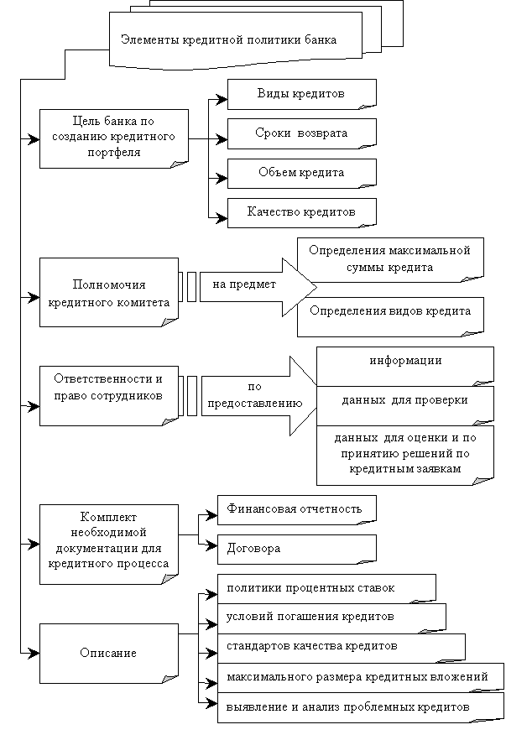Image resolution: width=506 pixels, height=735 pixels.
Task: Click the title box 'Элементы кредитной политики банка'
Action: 228,40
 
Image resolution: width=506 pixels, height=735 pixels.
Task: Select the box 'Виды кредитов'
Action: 301,92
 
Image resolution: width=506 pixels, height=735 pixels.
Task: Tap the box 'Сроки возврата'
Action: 301,133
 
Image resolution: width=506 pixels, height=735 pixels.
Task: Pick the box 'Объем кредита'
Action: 301,172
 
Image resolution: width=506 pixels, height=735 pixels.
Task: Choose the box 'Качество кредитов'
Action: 301,211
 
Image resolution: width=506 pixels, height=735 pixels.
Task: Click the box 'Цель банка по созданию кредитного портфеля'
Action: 112,137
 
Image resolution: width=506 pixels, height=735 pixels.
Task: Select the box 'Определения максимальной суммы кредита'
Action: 390,259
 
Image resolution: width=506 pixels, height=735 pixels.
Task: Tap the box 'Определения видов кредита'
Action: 390,310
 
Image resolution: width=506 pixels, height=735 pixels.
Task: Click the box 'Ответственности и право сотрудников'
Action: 109,387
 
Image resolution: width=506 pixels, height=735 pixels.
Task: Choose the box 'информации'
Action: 405,362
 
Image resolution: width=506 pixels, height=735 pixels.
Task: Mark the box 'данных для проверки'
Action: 405,401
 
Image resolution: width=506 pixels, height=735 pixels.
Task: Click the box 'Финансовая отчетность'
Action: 296,508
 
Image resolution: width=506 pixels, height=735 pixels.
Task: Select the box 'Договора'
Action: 296,548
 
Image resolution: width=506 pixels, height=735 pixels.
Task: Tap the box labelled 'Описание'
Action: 109,653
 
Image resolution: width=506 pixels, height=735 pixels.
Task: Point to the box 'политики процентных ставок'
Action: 326,587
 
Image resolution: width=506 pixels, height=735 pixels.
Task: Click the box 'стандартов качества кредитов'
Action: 341,647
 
